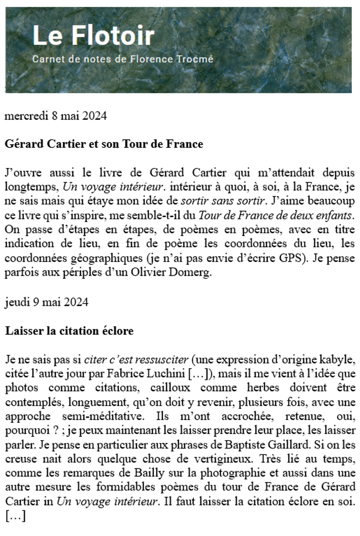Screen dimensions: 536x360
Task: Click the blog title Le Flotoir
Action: (x=94, y=36)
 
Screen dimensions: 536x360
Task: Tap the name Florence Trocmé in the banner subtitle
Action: (x=179, y=60)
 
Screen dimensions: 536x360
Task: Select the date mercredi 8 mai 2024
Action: (x=56, y=116)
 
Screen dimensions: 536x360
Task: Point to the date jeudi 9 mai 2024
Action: (x=46, y=302)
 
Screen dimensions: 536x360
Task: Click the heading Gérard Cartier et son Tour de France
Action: (x=104, y=144)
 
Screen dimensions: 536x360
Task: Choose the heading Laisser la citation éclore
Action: (x=69, y=331)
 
